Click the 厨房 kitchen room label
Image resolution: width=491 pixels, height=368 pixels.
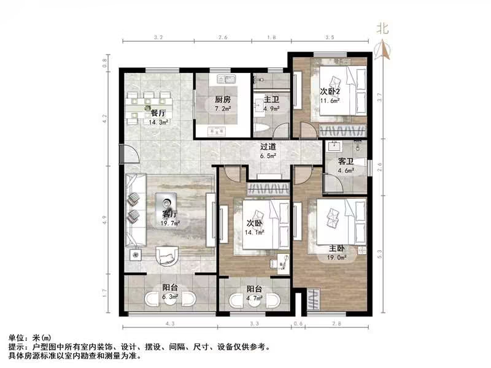point(222,99)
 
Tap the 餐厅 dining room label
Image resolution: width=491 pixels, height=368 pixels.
point(158,113)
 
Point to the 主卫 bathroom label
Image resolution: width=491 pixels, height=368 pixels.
point(271,99)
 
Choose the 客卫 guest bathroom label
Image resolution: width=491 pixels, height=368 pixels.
point(346,162)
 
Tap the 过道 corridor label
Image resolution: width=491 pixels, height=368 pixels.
point(268,147)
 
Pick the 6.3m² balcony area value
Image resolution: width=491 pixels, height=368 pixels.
point(170,297)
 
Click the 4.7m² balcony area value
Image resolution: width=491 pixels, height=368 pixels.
point(255,299)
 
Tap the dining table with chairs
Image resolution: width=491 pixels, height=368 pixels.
point(147,108)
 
